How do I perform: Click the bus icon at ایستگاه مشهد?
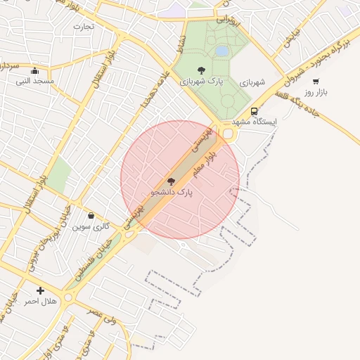[254, 111]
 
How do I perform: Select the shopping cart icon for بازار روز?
[316, 82]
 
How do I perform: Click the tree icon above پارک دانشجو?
[171, 181]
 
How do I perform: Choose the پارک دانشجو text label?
[171, 191]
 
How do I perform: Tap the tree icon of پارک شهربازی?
[202, 70]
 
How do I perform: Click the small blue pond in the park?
[222, 51]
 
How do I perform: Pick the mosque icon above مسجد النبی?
[35, 70]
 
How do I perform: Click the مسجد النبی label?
[35, 81]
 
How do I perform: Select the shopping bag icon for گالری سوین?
[91, 216]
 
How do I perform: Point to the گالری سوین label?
[92, 226]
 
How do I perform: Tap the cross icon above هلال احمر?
[40, 290]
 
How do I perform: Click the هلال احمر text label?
[40, 301]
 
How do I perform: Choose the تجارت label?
[83, 26]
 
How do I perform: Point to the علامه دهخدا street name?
[155, 90]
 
